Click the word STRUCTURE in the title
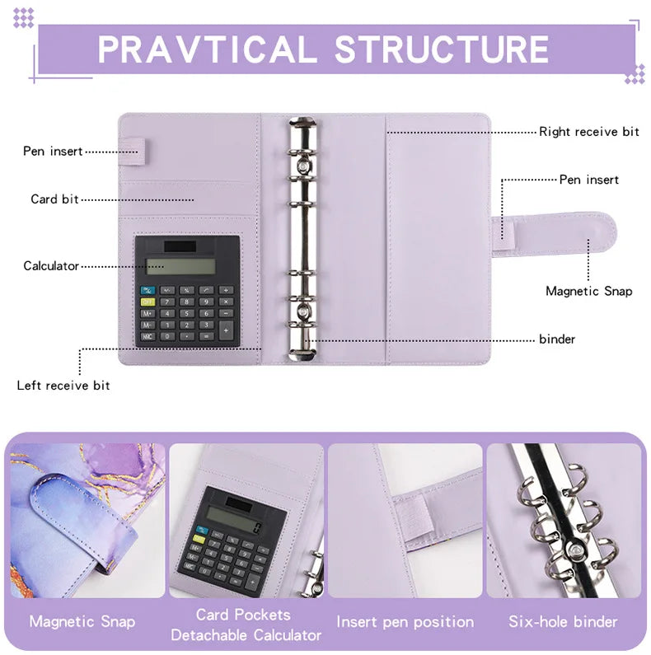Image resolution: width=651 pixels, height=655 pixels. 442,49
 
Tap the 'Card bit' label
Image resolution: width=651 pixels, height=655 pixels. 54,199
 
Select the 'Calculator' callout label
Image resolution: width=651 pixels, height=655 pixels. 51,266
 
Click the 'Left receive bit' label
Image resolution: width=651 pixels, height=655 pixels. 63,386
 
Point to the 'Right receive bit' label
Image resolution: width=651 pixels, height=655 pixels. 589,132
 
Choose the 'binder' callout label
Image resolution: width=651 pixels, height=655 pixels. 557,339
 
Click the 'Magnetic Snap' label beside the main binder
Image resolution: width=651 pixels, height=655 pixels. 588,291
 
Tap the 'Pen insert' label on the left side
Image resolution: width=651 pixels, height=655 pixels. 53,152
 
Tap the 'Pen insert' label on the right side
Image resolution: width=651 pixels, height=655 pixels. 588,180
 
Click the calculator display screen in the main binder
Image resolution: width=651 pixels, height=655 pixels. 180,266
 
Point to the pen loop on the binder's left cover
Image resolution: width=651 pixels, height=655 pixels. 137,149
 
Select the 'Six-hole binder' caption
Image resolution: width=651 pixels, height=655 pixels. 563,622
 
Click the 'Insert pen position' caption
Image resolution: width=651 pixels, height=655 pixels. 405,622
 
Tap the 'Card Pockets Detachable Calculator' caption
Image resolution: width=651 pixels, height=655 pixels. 246,625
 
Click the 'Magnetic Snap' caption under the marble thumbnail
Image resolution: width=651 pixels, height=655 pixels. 82,622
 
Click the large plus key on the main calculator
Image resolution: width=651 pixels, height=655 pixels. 227,330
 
